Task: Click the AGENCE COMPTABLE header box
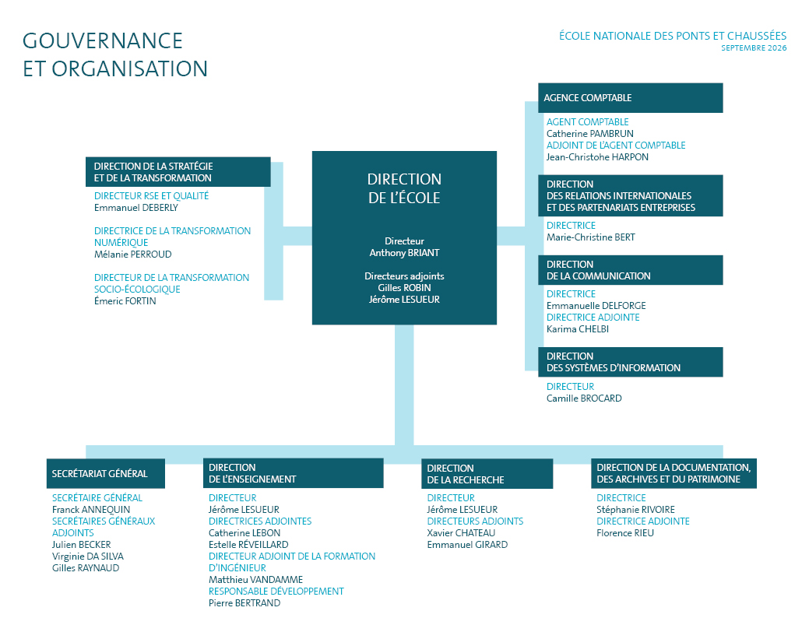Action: (x=630, y=97)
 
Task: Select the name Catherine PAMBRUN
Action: (x=589, y=134)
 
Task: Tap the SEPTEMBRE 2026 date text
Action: (x=754, y=48)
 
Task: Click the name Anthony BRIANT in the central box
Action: (x=405, y=253)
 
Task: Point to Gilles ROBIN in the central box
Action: (x=405, y=288)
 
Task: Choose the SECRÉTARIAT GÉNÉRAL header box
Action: (x=106, y=473)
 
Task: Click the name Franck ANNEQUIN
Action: (x=91, y=510)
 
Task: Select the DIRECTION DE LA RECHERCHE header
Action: (x=487, y=474)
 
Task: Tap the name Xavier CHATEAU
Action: (x=461, y=532)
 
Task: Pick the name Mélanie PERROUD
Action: (x=132, y=255)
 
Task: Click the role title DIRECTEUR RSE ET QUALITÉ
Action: (x=151, y=196)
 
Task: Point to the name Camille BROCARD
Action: (x=584, y=398)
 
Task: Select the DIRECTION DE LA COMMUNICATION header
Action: (x=631, y=270)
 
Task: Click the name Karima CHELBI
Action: (x=577, y=329)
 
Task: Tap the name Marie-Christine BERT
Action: (x=591, y=237)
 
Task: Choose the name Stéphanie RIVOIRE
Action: (x=635, y=510)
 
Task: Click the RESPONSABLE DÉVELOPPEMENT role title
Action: (x=276, y=592)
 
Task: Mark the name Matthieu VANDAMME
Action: (x=255, y=580)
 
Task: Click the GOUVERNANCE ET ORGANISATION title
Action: (x=115, y=54)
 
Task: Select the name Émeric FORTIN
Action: (x=125, y=300)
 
